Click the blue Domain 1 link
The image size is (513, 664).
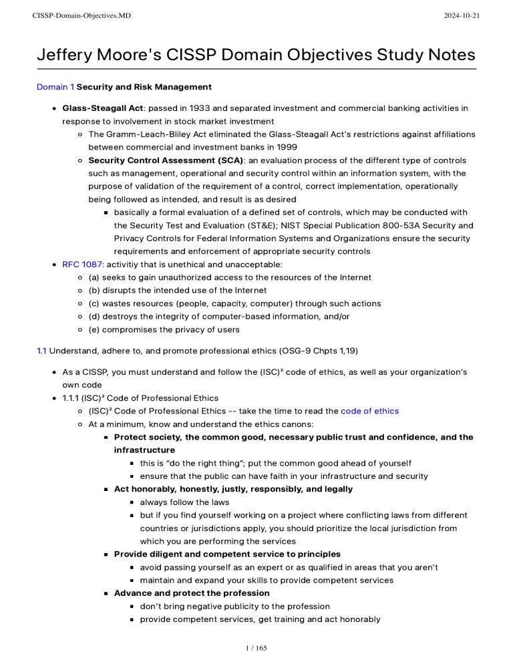point(55,87)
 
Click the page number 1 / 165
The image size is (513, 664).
point(256,647)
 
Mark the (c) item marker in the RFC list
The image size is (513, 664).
point(95,303)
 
